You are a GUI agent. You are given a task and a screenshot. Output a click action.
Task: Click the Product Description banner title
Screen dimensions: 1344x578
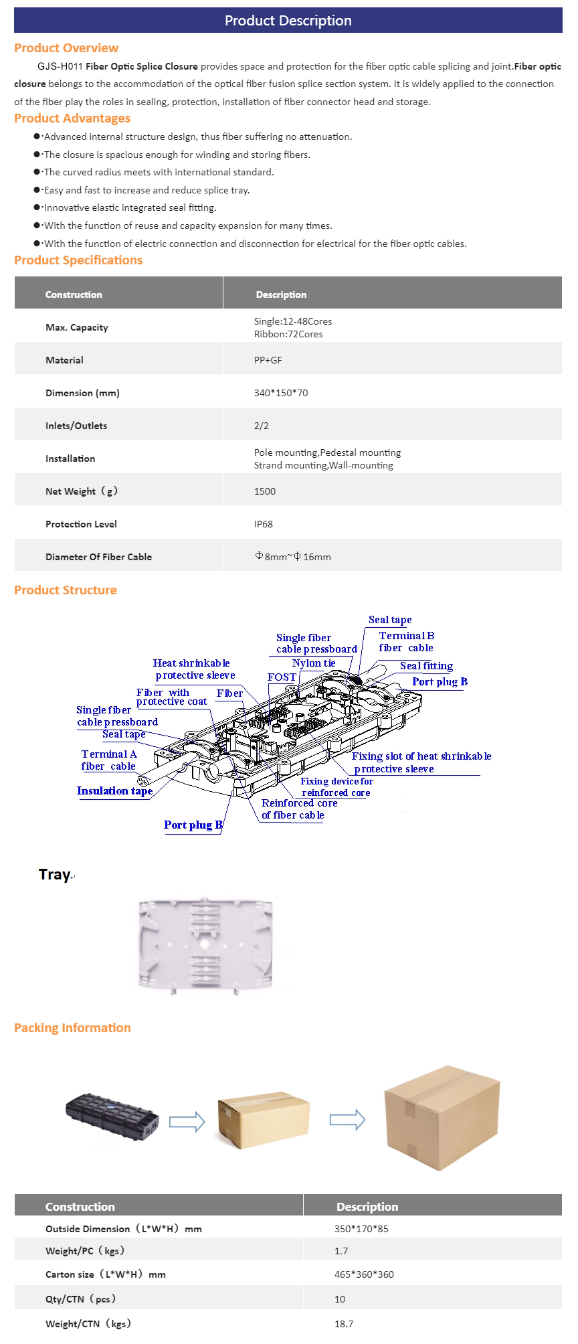tap(288, 21)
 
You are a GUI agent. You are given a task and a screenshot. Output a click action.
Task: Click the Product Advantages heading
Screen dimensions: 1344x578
tap(72, 118)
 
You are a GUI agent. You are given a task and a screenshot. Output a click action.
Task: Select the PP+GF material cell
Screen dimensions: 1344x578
tap(268, 360)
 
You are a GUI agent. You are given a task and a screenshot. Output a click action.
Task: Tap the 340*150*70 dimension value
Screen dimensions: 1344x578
tap(281, 393)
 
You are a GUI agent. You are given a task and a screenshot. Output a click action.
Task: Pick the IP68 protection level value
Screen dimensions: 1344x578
tap(264, 524)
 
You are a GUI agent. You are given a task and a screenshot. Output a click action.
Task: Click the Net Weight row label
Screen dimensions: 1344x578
tap(81, 491)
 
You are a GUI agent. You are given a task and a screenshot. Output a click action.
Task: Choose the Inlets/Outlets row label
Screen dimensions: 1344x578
tap(76, 426)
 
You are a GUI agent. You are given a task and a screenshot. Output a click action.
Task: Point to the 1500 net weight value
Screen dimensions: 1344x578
tap(265, 491)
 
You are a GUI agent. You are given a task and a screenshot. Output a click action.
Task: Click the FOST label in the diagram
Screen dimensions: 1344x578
tap(282, 677)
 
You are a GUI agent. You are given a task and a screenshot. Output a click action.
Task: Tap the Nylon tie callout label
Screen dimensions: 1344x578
tap(314, 663)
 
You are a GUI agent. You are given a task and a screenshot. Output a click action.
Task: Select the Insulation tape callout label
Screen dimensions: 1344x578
tap(114, 791)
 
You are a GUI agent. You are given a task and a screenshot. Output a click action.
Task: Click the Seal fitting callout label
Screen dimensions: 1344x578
tap(426, 666)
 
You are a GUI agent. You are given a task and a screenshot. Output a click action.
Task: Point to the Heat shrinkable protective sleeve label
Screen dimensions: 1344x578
tap(194, 669)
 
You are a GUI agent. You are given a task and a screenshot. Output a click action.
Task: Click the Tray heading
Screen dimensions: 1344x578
tap(55, 875)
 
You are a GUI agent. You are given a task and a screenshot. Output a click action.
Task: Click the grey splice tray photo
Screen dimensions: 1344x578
tap(205, 945)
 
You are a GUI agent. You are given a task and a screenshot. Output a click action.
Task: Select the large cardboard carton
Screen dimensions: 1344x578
tap(442, 1118)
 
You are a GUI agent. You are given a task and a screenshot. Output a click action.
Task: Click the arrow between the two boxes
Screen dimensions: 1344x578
tap(347, 1119)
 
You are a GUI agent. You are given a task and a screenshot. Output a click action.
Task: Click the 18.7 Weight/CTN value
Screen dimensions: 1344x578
tap(344, 1324)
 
